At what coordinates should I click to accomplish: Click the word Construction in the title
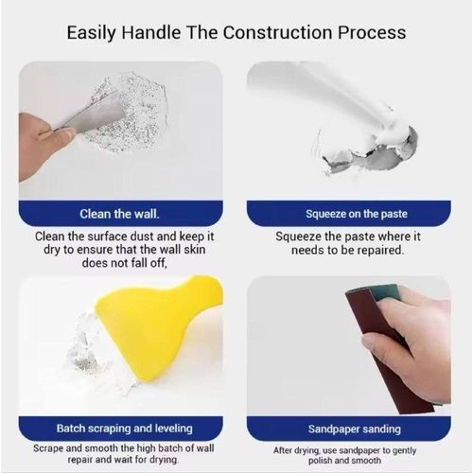279,33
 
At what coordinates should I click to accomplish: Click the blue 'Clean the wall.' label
119,213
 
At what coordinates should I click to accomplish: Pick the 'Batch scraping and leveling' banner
119,428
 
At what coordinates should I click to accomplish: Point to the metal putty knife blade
95,116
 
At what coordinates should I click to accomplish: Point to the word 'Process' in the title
372,33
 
